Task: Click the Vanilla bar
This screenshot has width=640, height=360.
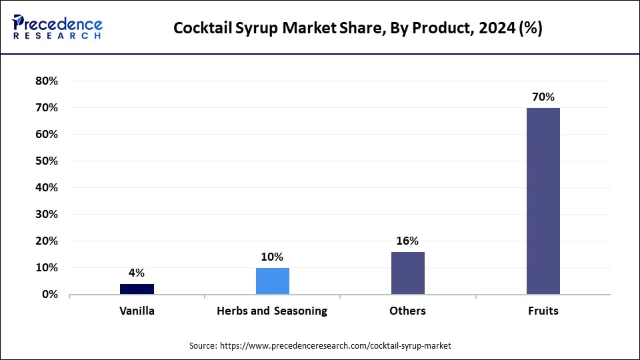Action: coord(137,289)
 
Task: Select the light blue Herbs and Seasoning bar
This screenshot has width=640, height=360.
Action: coord(272,281)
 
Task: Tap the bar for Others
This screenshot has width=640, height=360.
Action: coord(407,273)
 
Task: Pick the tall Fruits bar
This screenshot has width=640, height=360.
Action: coord(543,201)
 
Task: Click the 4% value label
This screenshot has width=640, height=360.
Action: coord(137,273)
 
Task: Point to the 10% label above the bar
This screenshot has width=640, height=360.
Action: coord(272,257)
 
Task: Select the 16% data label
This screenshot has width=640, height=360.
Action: coord(407,241)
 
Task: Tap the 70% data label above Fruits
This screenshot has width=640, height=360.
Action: coord(543,97)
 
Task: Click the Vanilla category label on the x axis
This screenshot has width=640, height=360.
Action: coord(137,311)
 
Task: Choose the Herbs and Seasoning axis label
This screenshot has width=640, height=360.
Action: coord(272,311)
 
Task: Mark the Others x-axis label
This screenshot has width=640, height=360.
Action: coord(407,311)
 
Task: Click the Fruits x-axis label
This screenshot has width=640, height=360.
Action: coord(543,311)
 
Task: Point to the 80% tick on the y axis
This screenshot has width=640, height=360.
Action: coord(46,81)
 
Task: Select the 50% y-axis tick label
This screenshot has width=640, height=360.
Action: coord(46,161)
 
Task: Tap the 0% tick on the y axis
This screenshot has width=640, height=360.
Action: coord(49,295)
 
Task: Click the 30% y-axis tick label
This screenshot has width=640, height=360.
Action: coord(46,215)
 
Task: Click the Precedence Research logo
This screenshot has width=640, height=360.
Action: coord(57,27)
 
